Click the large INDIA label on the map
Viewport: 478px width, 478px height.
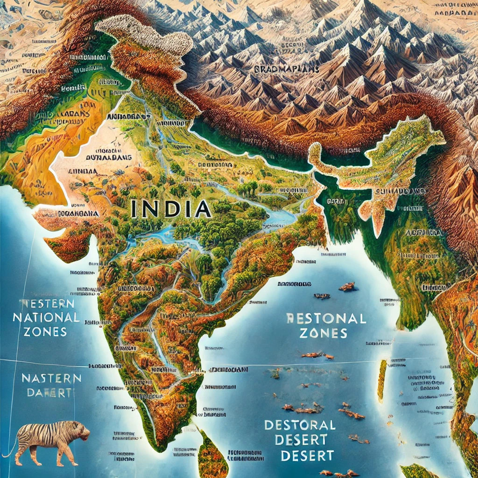(170, 208)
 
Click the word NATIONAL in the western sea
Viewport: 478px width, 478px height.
(46, 318)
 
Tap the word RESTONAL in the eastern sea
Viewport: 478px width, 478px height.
(325, 319)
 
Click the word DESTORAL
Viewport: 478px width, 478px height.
(300, 425)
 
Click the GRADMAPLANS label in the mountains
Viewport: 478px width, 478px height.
(287, 69)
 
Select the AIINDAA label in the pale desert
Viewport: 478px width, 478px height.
(80, 172)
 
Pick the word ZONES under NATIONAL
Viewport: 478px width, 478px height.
(47, 332)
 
